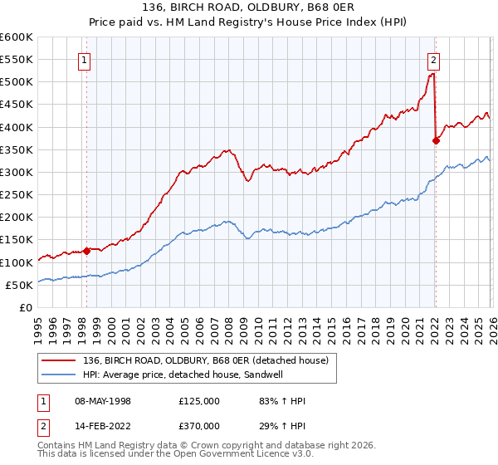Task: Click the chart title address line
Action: pyautogui.click(x=249, y=7)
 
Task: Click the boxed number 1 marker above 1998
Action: pyautogui.click(x=86, y=59)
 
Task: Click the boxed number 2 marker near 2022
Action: pyautogui.click(x=434, y=59)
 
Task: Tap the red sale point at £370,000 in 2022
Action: pyautogui.click(x=435, y=140)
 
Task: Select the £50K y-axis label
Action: pyautogui.click(x=20, y=285)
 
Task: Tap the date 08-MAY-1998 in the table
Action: pyautogui.click(x=102, y=401)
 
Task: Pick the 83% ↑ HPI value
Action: pyautogui.click(x=282, y=401)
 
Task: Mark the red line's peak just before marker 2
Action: pyautogui.click(x=432, y=74)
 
